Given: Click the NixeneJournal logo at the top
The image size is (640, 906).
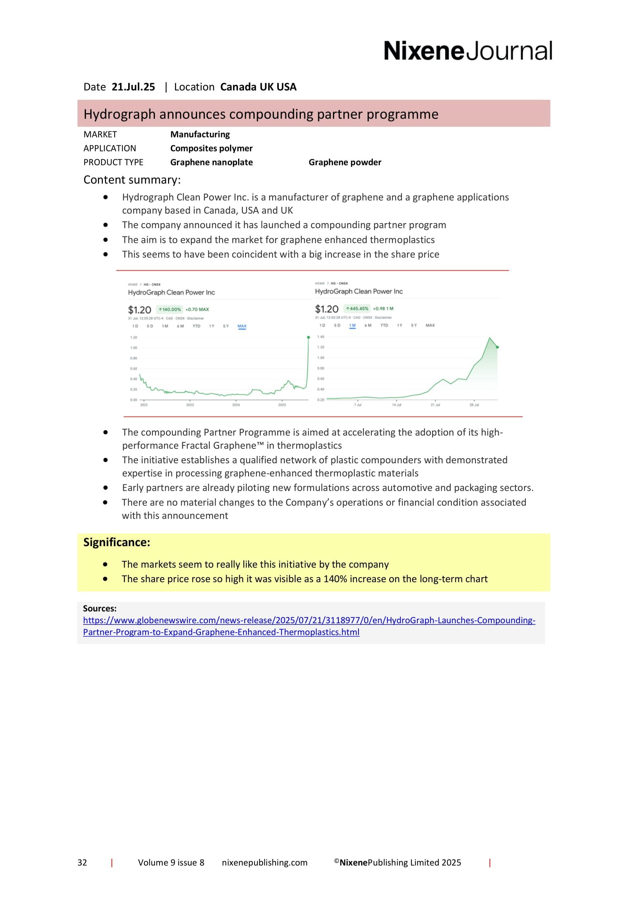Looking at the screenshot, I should pyautogui.click(x=468, y=51).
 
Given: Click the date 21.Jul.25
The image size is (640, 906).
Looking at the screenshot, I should pyautogui.click(x=133, y=87).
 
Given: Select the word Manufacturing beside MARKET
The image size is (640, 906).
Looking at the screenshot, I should pyautogui.click(x=200, y=134).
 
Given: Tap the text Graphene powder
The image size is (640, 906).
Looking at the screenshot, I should pyautogui.click(x=345, y=162).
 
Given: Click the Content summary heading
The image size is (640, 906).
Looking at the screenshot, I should pyautogui.click(x=132, y=180).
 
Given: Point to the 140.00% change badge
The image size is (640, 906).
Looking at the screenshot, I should pyautogui.click(x=170, y=309).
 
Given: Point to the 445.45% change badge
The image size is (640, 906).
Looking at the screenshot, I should pyautogui.click(x=357, y=309).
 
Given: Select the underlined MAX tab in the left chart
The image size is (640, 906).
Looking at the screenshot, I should pyautogui.click(x=242, y=326).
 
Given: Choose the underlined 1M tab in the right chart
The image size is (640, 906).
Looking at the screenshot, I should pyautogui.click(x=352, y=325).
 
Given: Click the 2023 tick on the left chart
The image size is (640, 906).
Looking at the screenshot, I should pyautogui.click(x=190, y=405).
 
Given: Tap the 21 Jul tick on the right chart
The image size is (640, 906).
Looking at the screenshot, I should pyautogui.click(x=435, y=405).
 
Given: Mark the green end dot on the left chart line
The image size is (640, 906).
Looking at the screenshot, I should pyautogui.click(x=308, y=337).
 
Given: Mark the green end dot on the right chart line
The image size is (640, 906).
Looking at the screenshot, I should pyautogui.click(x=497, y=347).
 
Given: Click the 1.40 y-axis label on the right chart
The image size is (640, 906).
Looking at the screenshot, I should pyautogui.click(x=321, y=337).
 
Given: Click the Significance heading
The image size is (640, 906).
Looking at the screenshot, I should pyautogui.click(x=116, y=543).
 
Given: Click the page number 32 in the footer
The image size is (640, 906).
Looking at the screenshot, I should pyautogui.click(x=82, y=863).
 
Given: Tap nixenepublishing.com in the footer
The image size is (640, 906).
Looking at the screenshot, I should pyautogui.click(x=264, y=863).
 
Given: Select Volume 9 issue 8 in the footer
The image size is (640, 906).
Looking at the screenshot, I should pyautogui.click(x=171, y=863).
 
